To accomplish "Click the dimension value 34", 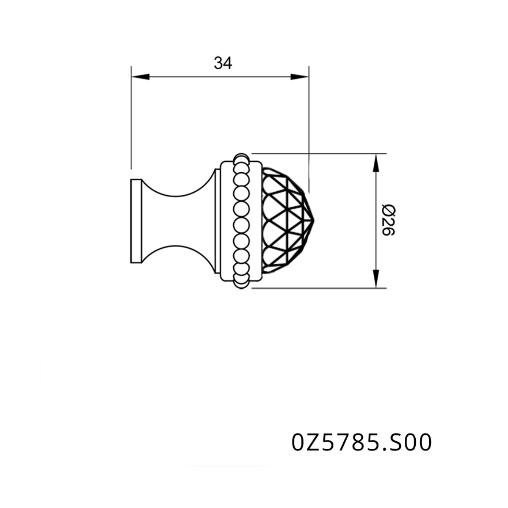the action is click(223, 63).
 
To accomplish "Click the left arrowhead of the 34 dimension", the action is click(140, 77).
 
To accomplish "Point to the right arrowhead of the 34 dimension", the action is click(299, 77).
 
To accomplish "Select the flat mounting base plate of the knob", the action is click(137, 221).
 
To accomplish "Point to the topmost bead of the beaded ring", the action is click(241, 157).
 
